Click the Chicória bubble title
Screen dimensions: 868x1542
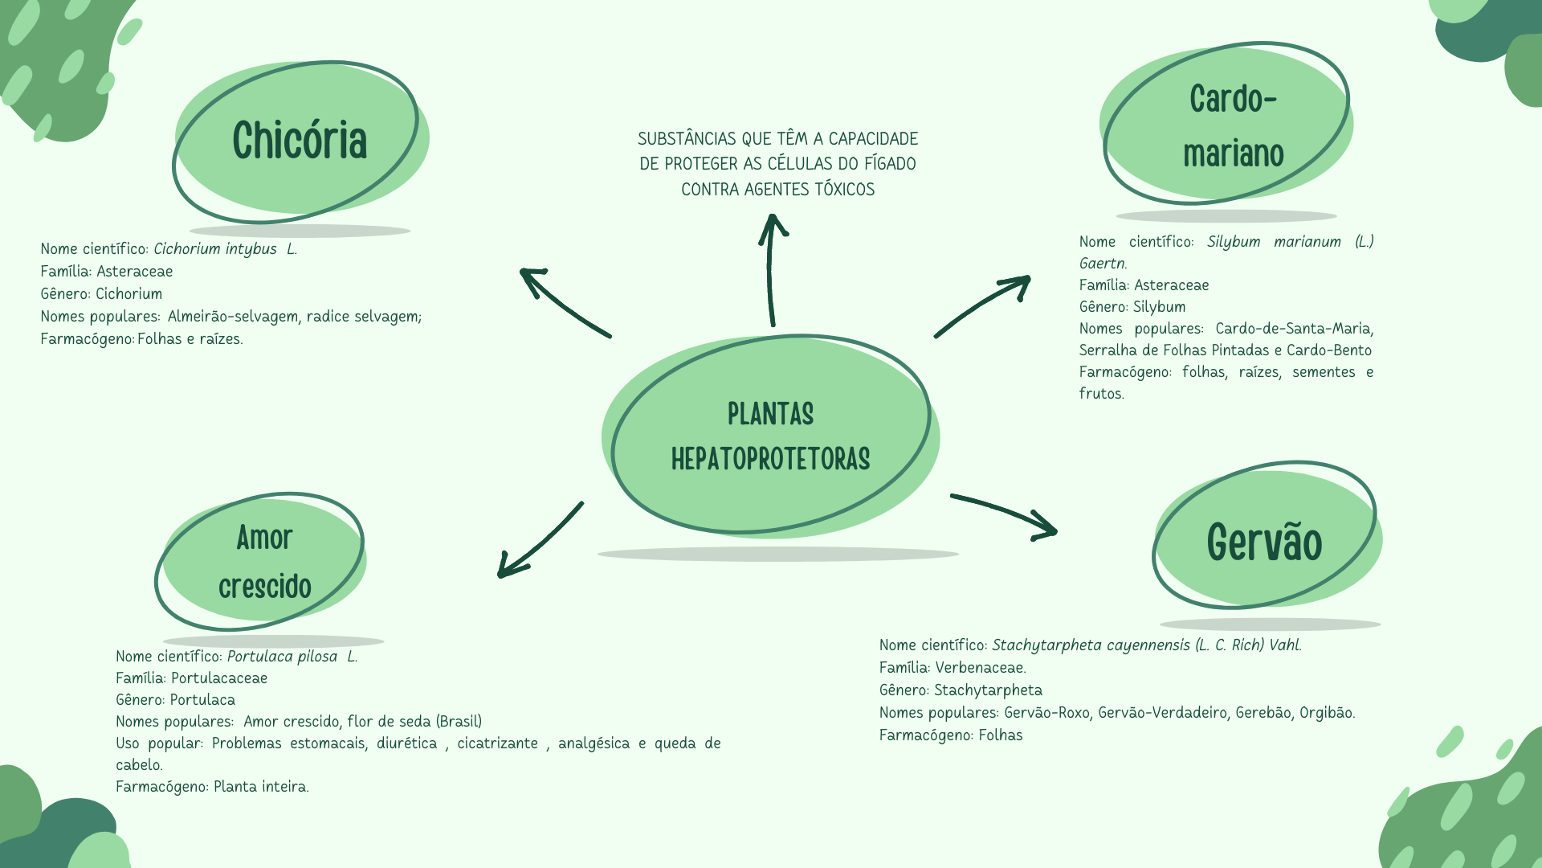[x=300, y=141]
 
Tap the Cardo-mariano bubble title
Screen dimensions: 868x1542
[x=1233, y=126]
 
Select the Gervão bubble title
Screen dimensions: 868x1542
[x=1264, y=542]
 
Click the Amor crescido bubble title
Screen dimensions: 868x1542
[x=264, y=562]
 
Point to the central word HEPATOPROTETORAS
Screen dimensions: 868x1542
[x=770, y=460]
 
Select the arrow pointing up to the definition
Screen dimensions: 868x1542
[x=772, y=269]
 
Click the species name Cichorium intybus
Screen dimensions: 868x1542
[x=215, y=249]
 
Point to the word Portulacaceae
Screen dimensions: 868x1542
[x=219, y=678]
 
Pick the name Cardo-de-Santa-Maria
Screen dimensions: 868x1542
[x=1294, y=329]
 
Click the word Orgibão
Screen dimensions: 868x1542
[x=1327, y=713]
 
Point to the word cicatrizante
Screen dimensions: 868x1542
[x=498, y=743]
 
